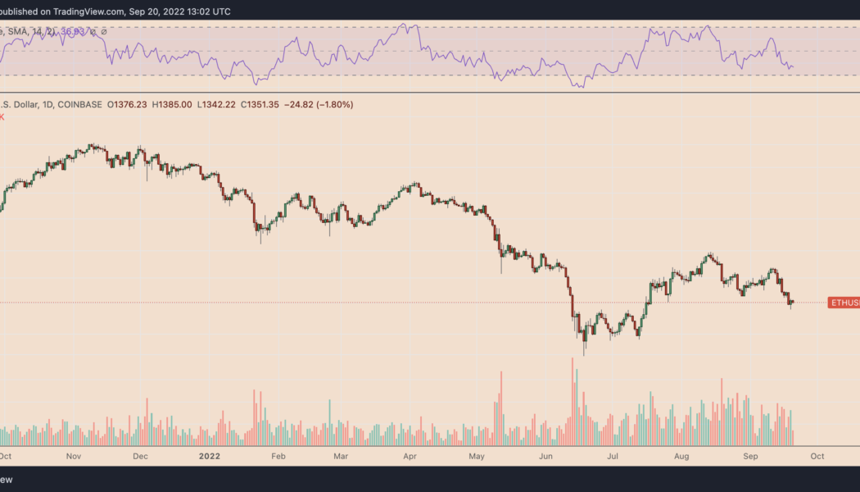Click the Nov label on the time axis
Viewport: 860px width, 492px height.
(x=73, y=455)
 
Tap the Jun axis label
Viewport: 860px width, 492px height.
(x=545, y=455)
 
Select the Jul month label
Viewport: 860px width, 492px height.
(x=611, y=455)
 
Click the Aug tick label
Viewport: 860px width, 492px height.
(x=680, y=455)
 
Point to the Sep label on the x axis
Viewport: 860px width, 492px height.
(x=749, y=455)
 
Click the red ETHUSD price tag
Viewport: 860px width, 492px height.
(x=844, y=303)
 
